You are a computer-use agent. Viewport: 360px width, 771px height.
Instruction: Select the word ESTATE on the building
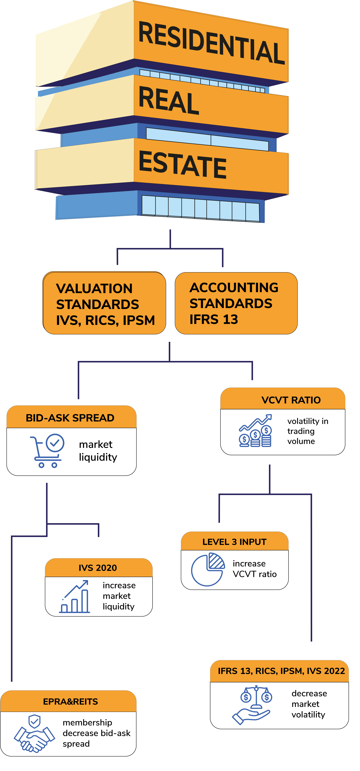click(x=183, y=165)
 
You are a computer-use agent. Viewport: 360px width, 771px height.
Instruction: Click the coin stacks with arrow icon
click(x=255, y=431)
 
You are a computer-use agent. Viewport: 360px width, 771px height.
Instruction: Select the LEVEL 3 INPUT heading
click(x=234, y=542)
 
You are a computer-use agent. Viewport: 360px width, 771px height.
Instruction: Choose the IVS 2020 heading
click(x=98, y=568)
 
